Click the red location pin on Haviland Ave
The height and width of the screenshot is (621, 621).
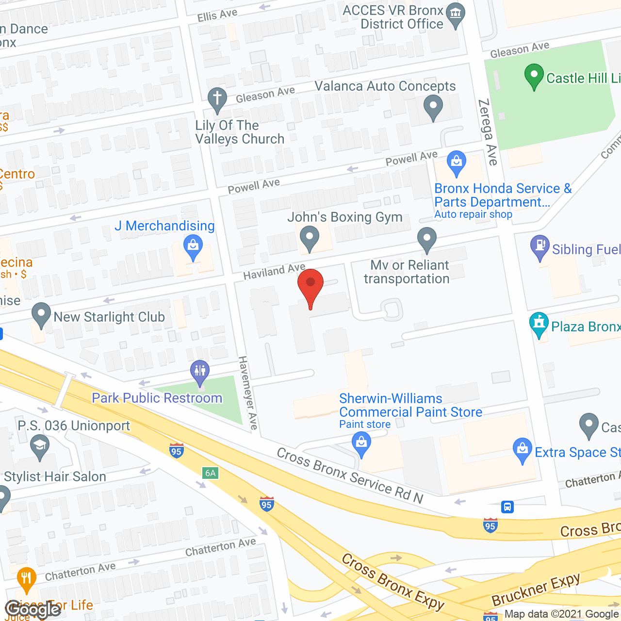coord(310,286)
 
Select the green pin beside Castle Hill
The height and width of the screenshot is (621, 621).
coord(534,77)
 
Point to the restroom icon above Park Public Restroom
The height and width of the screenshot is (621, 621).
coord(200,372)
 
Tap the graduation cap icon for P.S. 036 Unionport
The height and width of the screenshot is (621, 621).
coord(40,445)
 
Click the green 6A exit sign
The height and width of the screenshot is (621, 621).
coord(210,473)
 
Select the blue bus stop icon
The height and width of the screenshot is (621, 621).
coord(507,507)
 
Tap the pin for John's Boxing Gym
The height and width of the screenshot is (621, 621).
coord(309,238)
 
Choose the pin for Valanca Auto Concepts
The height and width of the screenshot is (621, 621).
coord(433,106)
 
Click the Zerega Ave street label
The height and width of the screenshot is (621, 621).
coord(488,132)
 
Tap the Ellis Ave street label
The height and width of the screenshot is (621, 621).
coord(217,15)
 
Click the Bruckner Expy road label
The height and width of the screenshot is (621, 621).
coord(536,589)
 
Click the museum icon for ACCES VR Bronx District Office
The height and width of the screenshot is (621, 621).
coord(455,14)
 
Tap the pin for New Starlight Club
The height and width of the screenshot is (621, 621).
coord(41,314)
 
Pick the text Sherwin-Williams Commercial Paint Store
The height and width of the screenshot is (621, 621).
coord(410,406)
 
